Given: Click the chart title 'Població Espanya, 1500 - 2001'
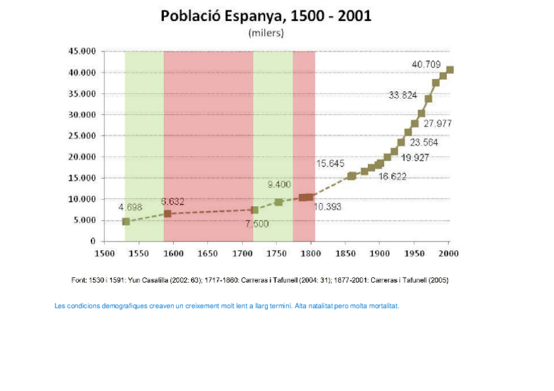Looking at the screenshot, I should pos(266,16).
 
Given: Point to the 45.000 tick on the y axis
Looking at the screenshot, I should pos(82,51).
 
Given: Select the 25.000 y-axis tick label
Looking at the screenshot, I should pos(82,136).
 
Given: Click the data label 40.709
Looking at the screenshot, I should pos(426,64).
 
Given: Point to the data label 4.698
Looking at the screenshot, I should pos(130,207).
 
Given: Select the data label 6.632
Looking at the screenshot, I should pos(172,202).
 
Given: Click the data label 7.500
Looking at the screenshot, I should pos(257,224).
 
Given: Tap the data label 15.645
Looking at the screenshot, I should pos(330,163).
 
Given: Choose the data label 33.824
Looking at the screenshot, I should pos(402,95).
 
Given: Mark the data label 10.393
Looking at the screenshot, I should pos(327,207).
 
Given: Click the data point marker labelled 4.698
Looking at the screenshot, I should pos(125,221).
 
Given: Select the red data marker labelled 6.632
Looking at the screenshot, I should pos(167,213).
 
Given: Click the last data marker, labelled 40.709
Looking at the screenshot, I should pos(449,70).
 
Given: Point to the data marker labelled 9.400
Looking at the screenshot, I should pos(279,202).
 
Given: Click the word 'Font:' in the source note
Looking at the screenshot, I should pos(78,280).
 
